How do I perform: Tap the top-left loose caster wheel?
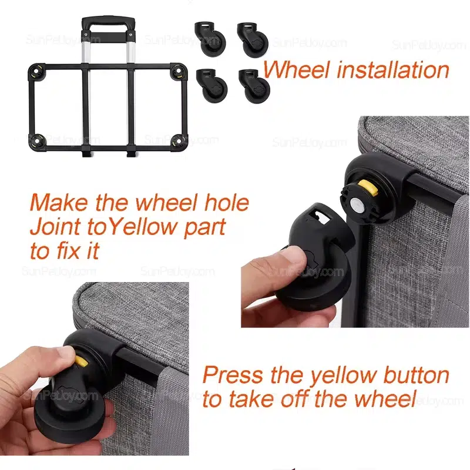210,38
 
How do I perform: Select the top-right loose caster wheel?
253,39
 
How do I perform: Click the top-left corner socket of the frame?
36,72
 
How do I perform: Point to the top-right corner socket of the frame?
179,71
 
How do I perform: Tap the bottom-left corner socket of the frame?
38,142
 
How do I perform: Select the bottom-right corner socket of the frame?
179,142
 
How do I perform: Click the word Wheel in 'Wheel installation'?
296,69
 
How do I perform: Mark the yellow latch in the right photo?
369,189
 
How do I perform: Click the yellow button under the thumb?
81,361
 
